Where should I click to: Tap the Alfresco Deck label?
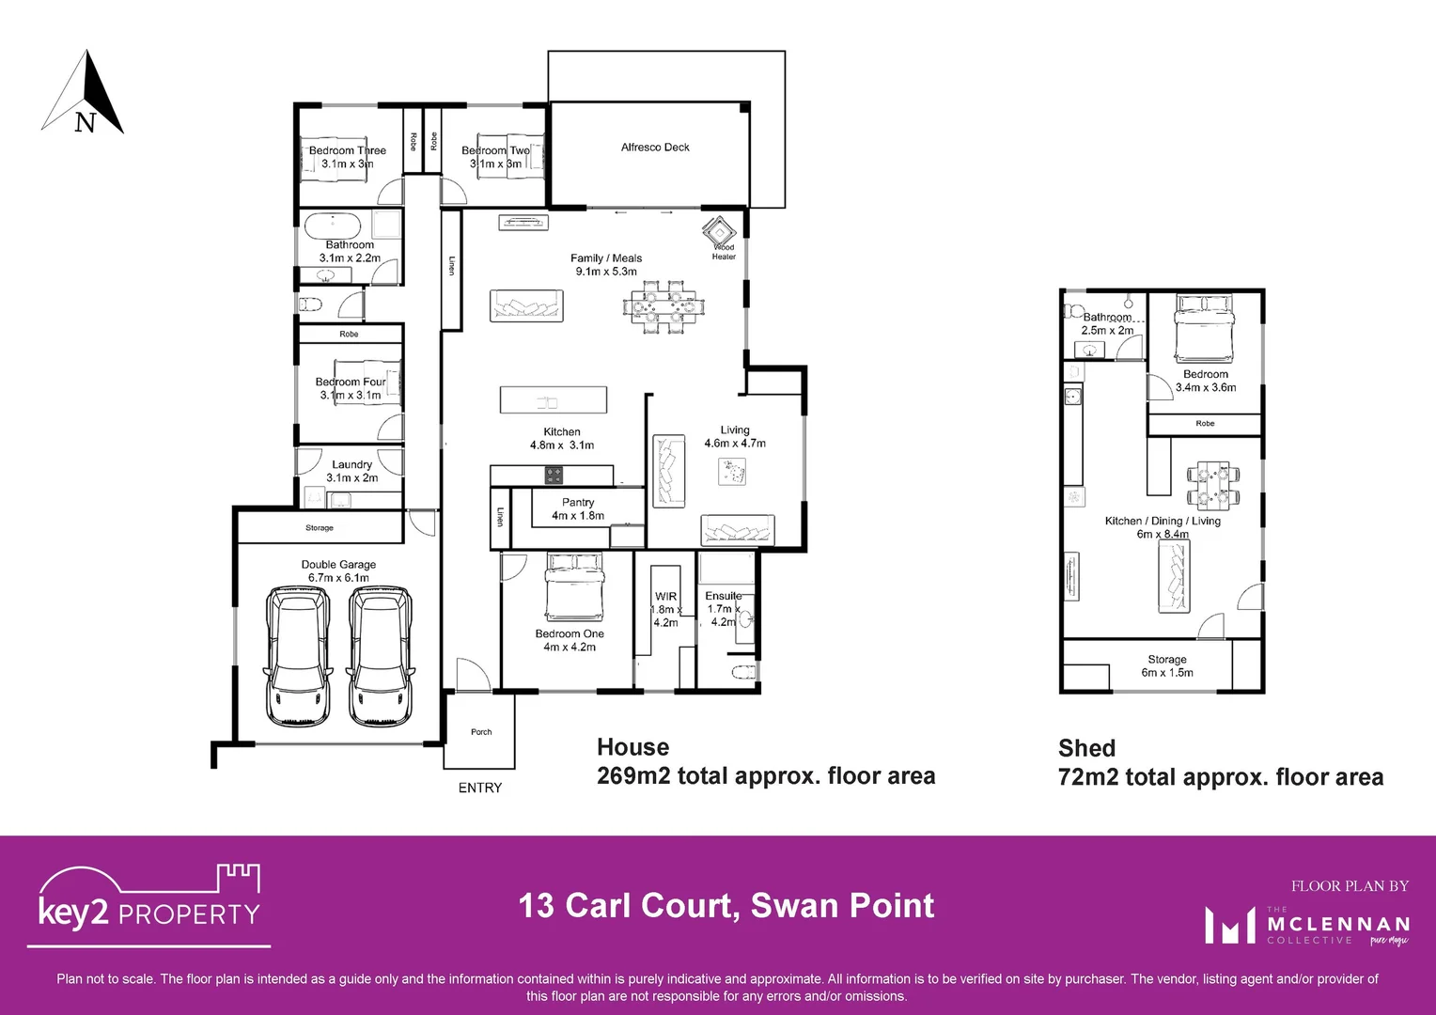655,148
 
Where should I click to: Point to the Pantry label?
578,503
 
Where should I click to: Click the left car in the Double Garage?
299,655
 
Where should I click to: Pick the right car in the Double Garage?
381,655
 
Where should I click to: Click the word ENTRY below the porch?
480,788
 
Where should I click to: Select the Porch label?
481,732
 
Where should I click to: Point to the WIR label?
665,597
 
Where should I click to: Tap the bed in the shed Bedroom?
1205,328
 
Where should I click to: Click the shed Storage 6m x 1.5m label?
1167,665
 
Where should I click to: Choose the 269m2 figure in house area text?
633,776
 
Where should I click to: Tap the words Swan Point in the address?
842,906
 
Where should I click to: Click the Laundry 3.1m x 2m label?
352,471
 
